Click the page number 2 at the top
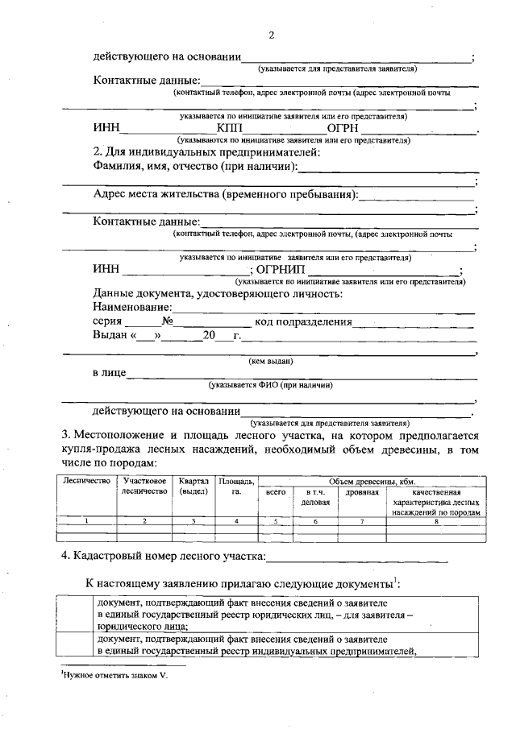(x=272, y=35)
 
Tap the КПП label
(x=230, y=127)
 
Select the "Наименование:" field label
(x=132, y=307)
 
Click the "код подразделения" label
(x=304, y=321)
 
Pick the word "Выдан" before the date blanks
(x=110, y=335)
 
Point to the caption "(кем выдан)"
(x=270, y=361)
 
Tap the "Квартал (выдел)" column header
(x=193, y=486)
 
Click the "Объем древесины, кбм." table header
(x=372, y=481)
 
